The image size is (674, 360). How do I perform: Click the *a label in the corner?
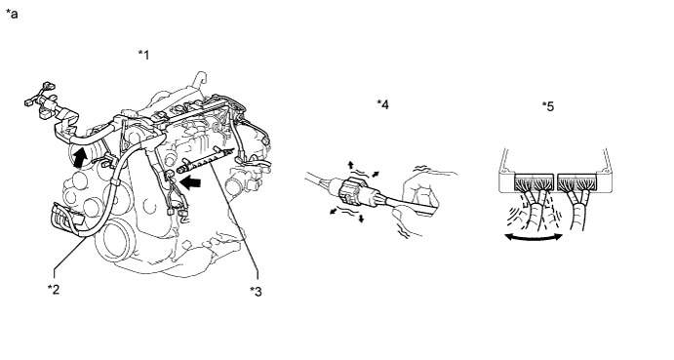point(12,14)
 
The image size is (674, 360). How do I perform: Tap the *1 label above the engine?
point(144,55)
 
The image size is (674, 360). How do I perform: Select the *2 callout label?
point(54,289)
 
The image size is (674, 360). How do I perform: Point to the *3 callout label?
point(256,292)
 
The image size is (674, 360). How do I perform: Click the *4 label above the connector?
point(382,104)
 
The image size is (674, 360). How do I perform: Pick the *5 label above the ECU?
point(548,105)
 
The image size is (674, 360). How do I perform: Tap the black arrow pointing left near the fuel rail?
point(190,182)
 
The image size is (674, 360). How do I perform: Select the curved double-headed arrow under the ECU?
point(535,237)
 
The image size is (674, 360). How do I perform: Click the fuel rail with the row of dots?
point(207,160)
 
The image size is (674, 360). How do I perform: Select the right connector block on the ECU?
point(577,182)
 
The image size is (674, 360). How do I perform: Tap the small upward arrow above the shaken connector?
point(351,165)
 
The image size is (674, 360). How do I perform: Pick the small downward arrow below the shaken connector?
point(362,219)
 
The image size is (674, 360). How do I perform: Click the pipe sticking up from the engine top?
point(199,80)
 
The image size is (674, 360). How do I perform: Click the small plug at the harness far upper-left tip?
point(29,102)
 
